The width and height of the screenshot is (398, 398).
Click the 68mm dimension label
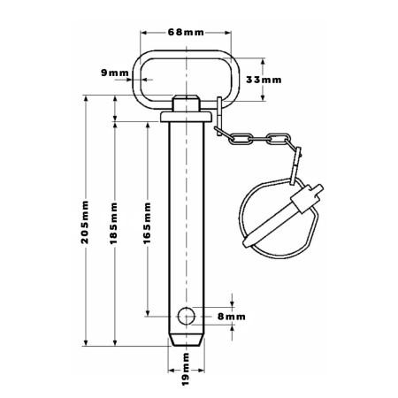click(x=186, y=32)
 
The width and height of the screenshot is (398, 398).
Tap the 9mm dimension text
click(x=115, y=73)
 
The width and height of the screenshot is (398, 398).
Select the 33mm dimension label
click(x=264, y=80)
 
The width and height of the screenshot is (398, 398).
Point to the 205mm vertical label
click(x=85, y=222)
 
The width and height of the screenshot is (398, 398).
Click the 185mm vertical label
click(x=113, y=223)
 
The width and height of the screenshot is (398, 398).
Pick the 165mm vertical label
click(x=147, y=223)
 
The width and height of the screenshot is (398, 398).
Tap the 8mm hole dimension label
click(x=232, y=317)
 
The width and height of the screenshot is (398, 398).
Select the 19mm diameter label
click(x=186, y=369)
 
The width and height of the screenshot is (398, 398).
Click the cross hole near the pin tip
click(x=187, y=316)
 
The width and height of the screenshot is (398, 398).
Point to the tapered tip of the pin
click(x=187, y=341)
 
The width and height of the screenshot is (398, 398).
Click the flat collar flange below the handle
click(x=186, y=117)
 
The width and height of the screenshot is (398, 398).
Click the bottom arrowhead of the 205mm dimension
click(x=86, y=342)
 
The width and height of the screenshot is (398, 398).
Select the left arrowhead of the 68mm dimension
click(x=144, y=33)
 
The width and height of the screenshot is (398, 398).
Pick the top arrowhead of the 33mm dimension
click(x=263, y=61)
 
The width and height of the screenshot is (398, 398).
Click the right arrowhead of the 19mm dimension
click(x=201, y=371)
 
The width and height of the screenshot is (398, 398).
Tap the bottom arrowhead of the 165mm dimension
click(x=148, y=313)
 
